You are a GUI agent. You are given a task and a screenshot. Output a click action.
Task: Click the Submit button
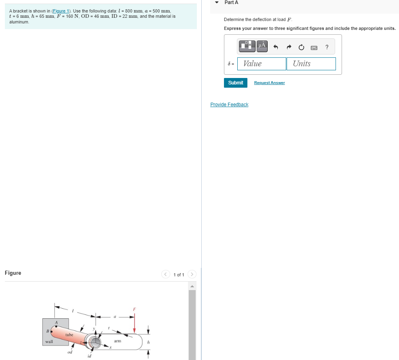(x=235, y=83)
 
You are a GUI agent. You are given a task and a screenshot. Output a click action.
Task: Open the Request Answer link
(x=269, y=83)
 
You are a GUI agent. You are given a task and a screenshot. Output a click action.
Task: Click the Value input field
(x=262, y=64)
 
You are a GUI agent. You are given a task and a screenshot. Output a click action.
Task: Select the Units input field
(x=311, y=64)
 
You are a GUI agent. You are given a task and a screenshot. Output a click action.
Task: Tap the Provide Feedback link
(x=229, y=105)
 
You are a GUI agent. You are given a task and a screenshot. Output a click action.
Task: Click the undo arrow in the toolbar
(x=276, y=47)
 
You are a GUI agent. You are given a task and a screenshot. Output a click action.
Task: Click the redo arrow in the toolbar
(x=289, y=47)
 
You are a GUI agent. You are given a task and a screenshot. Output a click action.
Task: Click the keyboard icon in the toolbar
(x=314, y=48)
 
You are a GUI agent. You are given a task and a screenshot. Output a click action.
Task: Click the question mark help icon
(x=327, y=47)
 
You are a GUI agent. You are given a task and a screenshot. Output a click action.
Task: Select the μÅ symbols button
(x=262, y=46)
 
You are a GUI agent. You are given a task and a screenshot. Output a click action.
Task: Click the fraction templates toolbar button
(x=247, y=46)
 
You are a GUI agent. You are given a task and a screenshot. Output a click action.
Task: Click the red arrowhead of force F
(x=134, y=330)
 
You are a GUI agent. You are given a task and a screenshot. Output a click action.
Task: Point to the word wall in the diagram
(x=49, y=342)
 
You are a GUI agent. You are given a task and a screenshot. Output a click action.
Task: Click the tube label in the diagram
(x=69, y=335)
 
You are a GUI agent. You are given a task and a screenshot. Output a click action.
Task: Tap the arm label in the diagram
(x=117, y=341)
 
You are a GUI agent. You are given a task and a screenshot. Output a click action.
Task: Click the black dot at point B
(x=51, y=331)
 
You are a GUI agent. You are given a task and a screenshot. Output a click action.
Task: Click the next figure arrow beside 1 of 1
(x=192, y=275)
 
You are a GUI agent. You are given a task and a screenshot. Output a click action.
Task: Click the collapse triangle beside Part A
(x=217, y=2)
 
